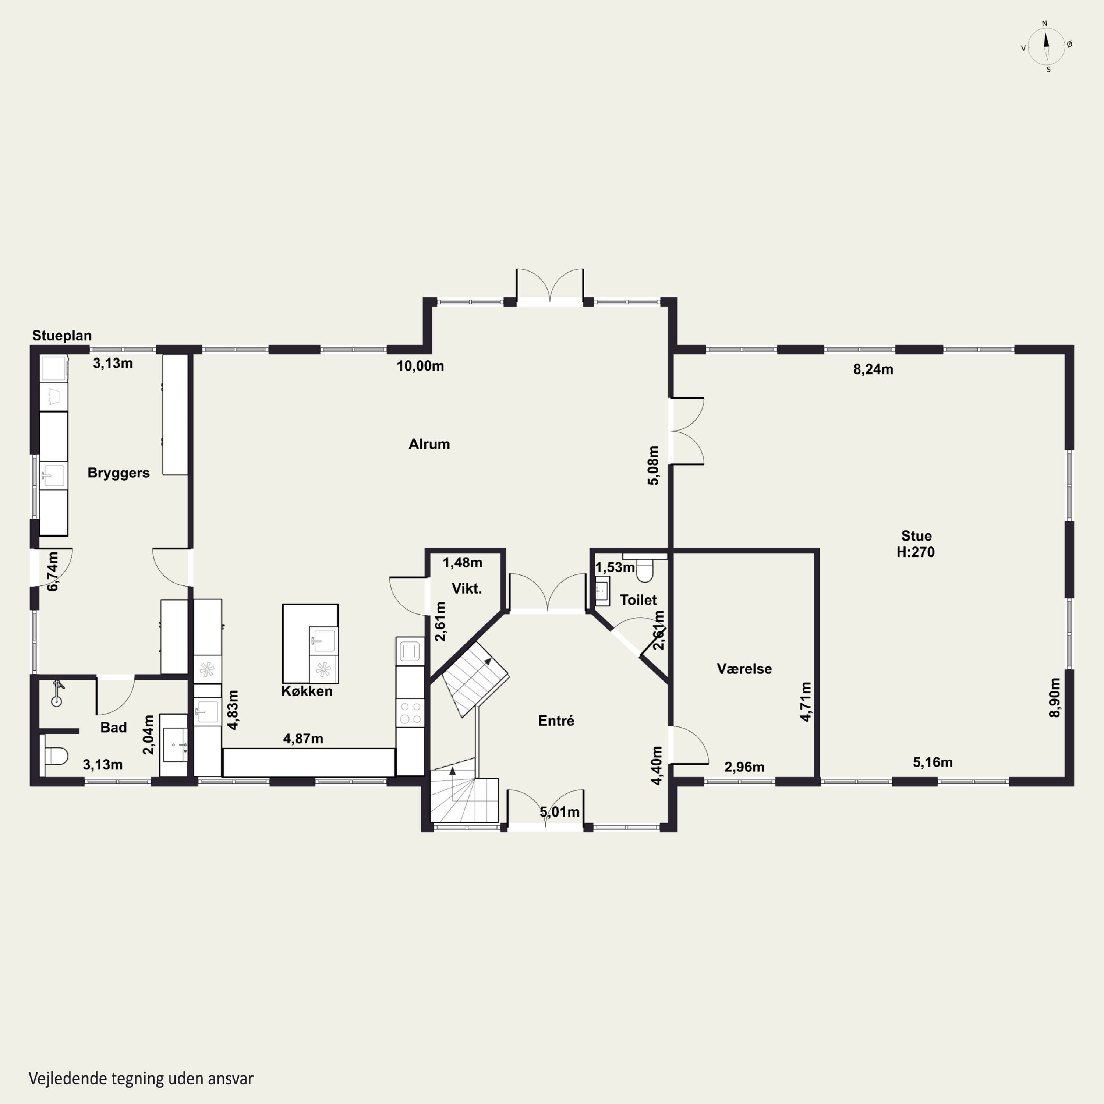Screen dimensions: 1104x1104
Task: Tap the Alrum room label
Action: click(429, 444)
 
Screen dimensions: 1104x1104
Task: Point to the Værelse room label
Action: click(744, 669)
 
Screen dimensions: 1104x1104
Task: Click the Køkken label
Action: click(307, 691)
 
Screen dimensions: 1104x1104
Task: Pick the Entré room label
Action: click(556, 721)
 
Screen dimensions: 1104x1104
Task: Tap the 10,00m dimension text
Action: click(421, 366)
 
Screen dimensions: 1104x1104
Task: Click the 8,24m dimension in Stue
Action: click(873, 369)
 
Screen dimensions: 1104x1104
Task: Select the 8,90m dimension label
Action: click(1055, 697)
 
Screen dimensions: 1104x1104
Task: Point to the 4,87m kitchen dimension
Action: click(303, 738)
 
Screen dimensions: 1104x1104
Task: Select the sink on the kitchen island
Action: click(323, 640)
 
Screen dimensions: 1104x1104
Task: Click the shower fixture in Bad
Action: click(57, 693)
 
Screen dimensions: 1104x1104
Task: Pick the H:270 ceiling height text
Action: click(916, 552)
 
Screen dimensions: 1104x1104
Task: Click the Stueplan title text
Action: click(62, 335)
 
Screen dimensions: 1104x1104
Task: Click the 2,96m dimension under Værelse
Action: click(744, 767)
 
